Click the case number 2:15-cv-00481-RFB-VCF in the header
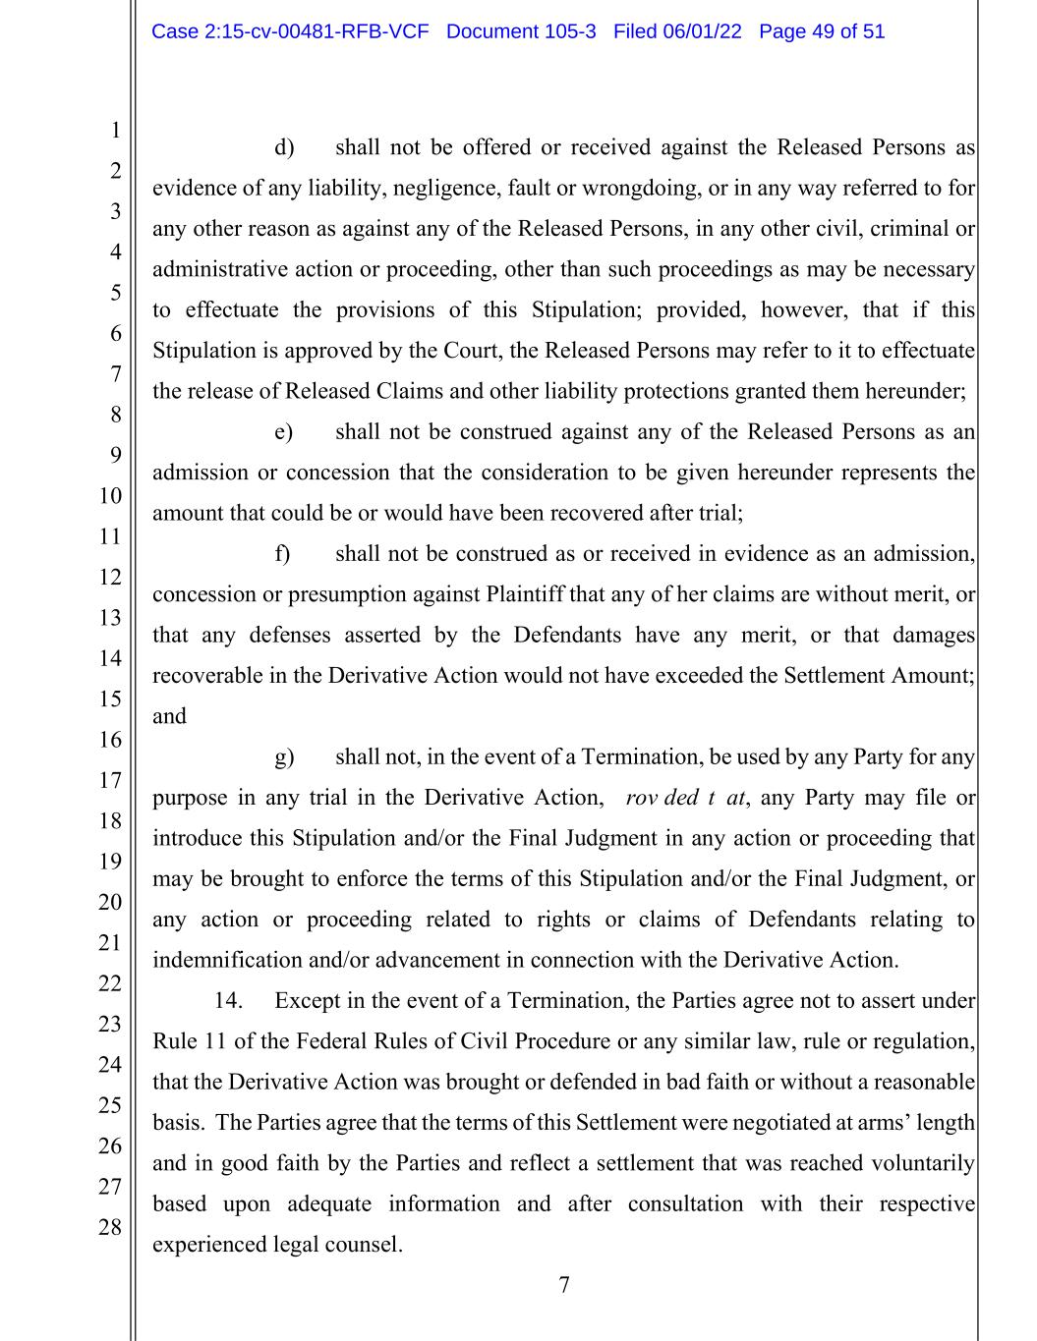coord(290,31)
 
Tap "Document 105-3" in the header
coord(521,31)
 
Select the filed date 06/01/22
coord(702,31)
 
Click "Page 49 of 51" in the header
coord(822,31)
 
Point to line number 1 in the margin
coord(115,130)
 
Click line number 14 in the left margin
coord(109,658)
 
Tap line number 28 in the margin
coord(109,1227)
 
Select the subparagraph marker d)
coord(284,147)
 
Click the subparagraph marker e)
coord(284,432)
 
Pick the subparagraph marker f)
coord(283,554)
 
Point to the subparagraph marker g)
coord(284,757)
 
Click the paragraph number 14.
coord(228,1001)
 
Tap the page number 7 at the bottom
coord(564,1285)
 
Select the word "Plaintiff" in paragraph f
coord(524,595)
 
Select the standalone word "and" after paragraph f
coord(169,716)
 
